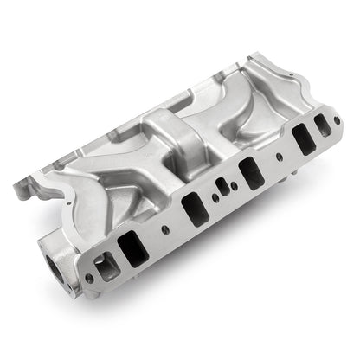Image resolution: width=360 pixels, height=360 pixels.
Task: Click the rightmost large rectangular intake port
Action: (x=303, y=138)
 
